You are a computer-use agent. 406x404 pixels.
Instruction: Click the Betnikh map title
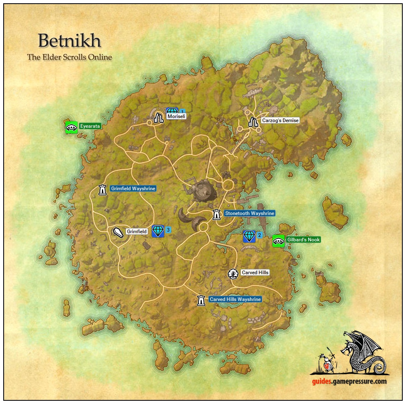(x=69, y=41)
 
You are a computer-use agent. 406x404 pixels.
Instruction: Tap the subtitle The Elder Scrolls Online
(x=69, y=57)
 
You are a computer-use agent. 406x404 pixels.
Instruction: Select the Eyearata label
(x=90, y=126)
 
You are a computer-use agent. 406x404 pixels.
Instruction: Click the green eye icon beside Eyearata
(x=71, y=127)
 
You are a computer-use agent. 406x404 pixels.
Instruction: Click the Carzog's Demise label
(x=280, y=120)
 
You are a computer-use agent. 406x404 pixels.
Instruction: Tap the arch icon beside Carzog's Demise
(x=253, y=121)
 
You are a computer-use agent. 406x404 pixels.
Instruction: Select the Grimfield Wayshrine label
(x=133, y=189)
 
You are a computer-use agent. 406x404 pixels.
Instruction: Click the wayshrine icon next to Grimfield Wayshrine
(x=102, y=189)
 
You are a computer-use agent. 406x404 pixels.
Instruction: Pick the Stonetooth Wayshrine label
(x=250, y=213)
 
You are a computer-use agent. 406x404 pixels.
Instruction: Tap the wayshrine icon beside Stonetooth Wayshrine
(x=217, y=214)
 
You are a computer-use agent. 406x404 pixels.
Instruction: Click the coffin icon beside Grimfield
(x=118, y=232)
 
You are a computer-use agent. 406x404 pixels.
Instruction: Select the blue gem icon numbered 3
(x=158, y=231)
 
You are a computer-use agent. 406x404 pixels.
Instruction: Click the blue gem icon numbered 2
(x=249, y=236)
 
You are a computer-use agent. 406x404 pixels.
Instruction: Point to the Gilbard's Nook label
(x=303, y=240)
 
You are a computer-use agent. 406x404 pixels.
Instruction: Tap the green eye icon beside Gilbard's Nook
(x=279, y=241)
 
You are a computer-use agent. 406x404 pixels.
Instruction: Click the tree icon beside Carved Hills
(x=233, y=274)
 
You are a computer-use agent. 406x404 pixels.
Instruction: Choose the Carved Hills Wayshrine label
(x=235, y=299)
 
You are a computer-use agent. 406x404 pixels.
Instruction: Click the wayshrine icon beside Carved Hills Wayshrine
(x=201, y=300)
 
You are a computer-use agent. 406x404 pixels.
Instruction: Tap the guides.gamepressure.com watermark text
(x=349, y=381)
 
